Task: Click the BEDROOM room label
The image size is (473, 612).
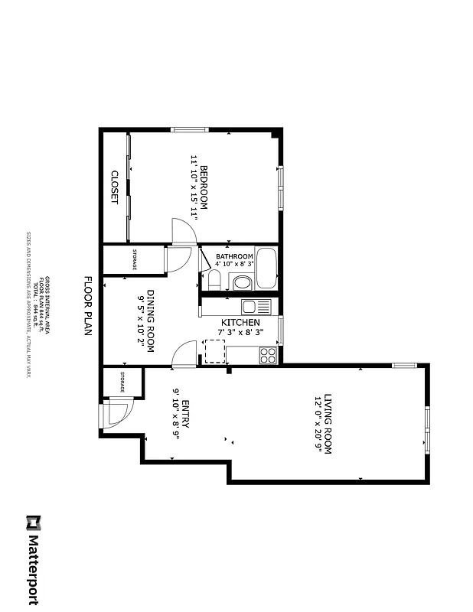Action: [x=204, y=187]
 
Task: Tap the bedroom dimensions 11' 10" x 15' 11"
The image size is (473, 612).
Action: [x=194, y=187]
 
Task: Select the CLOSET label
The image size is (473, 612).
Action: [x=115, y=187]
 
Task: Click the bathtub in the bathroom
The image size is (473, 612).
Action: [x=266, y=269]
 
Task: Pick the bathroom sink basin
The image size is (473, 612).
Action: [x=241, y=283]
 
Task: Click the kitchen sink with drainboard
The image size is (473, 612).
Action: [x=256, y=307]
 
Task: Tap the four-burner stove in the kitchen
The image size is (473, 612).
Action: [x=267, y=355]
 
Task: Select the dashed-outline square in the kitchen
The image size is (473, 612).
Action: [x=214, y=351]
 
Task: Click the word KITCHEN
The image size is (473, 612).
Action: [x=241, y=323]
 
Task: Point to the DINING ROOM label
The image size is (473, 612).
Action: [x=151, y=321]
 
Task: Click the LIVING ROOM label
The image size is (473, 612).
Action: [x=328, y=424]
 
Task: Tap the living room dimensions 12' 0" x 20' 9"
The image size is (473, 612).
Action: [x=318, y=424]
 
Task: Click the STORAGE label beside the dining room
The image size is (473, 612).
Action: [x=135, y=260]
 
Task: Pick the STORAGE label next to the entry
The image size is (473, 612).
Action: [x=122, y=381]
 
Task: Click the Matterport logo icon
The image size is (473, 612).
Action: [x=33, y=522]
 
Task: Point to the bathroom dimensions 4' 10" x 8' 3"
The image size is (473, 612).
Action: [x=234, y=264]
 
